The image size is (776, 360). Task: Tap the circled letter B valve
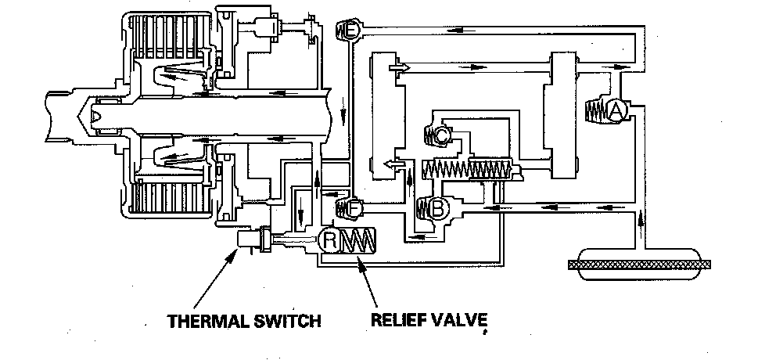[439, 209]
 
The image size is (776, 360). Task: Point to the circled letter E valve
[352, 31]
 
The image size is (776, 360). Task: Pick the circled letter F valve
[353, 208]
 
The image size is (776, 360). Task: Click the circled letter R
[329, 241]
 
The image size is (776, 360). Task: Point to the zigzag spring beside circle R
[360, 241]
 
